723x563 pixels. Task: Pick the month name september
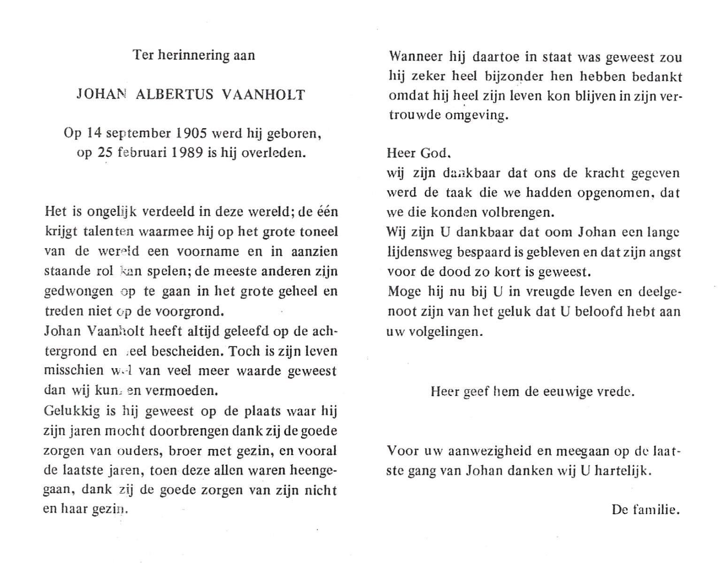139,134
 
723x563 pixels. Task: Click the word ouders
140,451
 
